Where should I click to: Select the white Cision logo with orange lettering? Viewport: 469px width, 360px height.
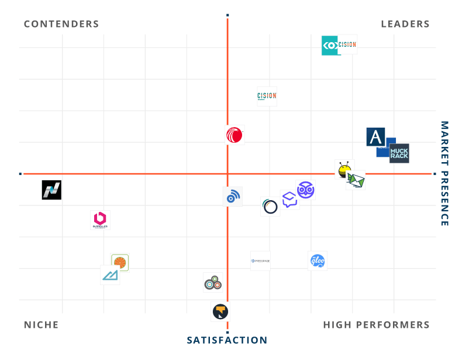click(267, 96)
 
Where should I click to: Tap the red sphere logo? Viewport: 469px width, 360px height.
click(235, 135)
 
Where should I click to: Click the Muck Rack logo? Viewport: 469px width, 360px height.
click(399, 153)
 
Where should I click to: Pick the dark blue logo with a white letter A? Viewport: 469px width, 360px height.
click(375, 137)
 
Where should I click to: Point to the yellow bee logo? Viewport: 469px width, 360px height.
click(344, 169)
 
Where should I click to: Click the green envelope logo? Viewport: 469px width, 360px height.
click(356, 180)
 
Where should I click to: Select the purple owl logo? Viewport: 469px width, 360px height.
click(305, 190)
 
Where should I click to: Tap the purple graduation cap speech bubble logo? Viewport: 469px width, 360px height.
click(289, 200)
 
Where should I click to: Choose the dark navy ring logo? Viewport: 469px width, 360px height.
click(270, 207)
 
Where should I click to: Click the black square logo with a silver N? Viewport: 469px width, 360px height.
click(51, 190)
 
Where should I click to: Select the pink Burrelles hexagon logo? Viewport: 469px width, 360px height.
click(100, 220)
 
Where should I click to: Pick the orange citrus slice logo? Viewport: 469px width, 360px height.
click(120, 262)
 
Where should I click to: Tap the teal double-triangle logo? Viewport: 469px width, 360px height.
click(110, 275)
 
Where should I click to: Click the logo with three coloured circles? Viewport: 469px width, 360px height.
click(212, 282)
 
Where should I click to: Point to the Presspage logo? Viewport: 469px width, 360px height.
click(260, 260)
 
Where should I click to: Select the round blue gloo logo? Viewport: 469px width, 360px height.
click(318, 260)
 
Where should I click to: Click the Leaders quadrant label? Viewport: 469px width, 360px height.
click(405, 24)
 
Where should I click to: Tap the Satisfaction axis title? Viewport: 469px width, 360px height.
click(227, 340)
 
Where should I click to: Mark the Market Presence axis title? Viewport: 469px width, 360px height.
click(444, 174)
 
